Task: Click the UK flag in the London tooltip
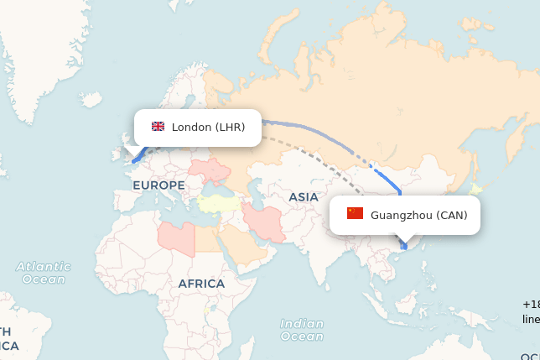(x=158, y=127)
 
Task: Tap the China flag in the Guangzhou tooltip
(x=355, y=214)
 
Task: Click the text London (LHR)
(x=208, y=128)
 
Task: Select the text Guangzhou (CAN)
(x=418, y=215)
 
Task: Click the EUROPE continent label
(x=158, y=185)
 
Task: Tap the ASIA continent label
(x=304, y=196)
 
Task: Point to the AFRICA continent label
(x=201, y=284)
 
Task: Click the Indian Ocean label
(x=302, y=330)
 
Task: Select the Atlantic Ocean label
(x=44, y=273)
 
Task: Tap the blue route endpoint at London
(x=132, y=159)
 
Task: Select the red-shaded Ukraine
(x=213, y=170)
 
